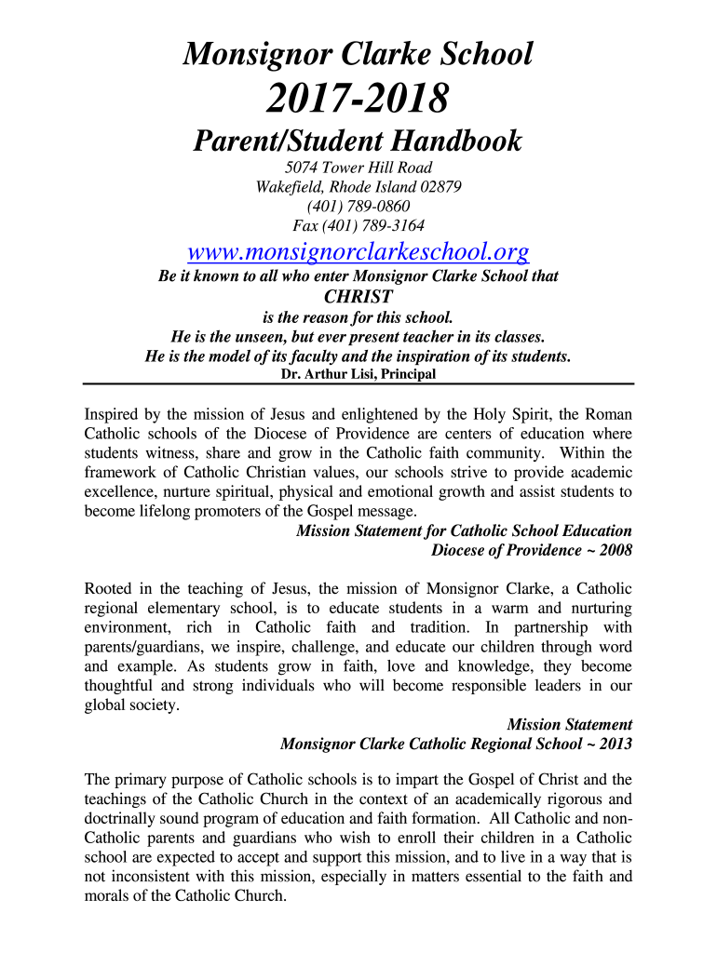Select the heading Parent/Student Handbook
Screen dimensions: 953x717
358,141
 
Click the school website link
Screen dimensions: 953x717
358,251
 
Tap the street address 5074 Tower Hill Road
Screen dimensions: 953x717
358,168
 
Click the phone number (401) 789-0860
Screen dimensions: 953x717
358,206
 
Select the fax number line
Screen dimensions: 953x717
358,225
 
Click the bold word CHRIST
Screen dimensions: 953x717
358,297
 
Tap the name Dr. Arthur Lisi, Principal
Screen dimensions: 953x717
358,374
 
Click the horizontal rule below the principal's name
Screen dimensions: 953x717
358,384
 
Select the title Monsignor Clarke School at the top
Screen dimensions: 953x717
358,54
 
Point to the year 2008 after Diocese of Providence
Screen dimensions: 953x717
615,550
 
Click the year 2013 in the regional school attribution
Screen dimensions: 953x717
615,744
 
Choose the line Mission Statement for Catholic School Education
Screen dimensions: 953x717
464,530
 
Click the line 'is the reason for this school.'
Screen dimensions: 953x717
358,316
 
